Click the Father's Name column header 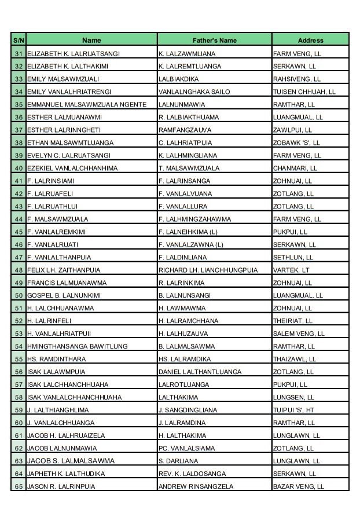214,41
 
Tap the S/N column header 18,41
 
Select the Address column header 310,41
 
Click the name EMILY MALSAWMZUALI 63,79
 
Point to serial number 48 18,270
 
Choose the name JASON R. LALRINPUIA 61,486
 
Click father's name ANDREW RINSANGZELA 196,486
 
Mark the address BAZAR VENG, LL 299,486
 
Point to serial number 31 18,53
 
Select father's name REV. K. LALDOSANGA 192,474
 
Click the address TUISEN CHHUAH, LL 304,91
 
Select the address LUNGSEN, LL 293,397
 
